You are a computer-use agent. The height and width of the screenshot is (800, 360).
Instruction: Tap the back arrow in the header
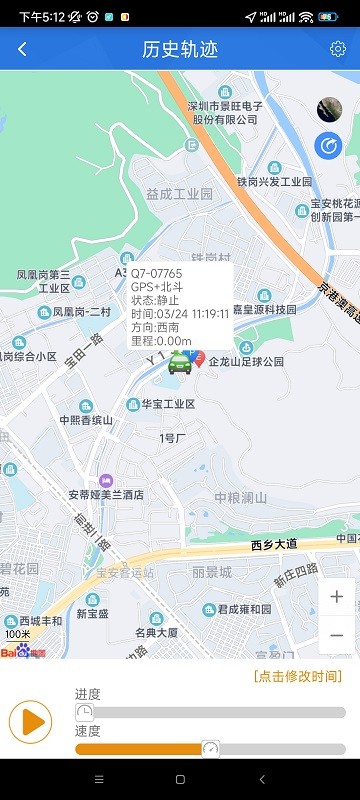coord(22,49)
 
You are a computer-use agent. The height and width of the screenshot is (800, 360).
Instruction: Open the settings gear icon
coord(338,49)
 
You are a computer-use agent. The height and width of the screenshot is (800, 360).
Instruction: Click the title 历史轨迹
coord(180,49)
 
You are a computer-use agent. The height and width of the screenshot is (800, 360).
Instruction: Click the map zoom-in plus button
coord(336,597)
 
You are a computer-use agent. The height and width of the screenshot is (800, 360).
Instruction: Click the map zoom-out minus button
coord(336,634)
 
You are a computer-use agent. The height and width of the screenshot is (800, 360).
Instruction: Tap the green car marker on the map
coord(180,363)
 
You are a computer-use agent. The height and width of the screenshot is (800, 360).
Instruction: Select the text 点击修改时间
coord(298,676)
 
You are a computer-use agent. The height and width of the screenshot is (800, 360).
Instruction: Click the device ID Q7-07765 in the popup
coord(157,273)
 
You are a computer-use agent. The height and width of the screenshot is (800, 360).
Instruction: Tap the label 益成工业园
coord(180,194)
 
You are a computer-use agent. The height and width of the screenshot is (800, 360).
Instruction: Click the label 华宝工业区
coord(167,404)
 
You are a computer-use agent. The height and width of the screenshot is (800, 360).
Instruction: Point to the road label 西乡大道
coord(274,545)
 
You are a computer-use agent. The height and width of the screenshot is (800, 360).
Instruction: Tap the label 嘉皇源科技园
coord(264,309)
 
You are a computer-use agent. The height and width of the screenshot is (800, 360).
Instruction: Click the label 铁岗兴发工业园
coord(274,182)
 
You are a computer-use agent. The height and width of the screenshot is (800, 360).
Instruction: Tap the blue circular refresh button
coord(328,146)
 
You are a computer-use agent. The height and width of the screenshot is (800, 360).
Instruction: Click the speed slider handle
coord(210,748)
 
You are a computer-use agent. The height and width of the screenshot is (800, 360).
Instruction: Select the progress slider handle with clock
coord(85,711)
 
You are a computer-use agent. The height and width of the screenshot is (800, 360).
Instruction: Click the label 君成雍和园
coord(244,609)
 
